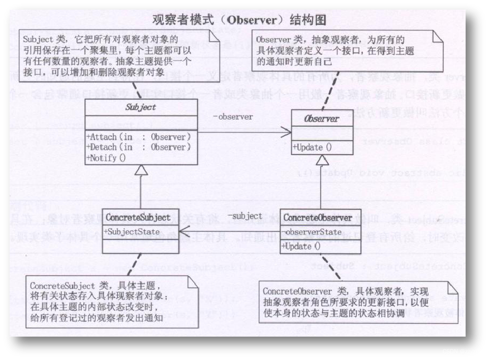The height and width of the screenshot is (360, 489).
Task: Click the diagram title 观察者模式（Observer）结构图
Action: tap(239, 20)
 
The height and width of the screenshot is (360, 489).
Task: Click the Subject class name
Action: tap(141, 107)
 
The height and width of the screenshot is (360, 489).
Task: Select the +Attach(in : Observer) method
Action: tap(139, 137)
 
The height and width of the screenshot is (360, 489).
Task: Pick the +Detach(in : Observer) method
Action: tap(139, 147)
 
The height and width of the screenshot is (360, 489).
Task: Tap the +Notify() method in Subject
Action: tap(106, 158)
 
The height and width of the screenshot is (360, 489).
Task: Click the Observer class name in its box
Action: tap(322, 119)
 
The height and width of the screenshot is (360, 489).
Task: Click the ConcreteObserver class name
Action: tap(318, 218)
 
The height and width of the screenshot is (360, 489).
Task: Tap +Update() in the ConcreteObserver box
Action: tap(300, 247)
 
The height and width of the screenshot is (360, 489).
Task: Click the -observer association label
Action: tap(233, 117)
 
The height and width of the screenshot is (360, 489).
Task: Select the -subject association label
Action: tap(245, 216)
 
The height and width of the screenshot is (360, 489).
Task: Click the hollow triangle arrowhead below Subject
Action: tap(141, 171)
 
